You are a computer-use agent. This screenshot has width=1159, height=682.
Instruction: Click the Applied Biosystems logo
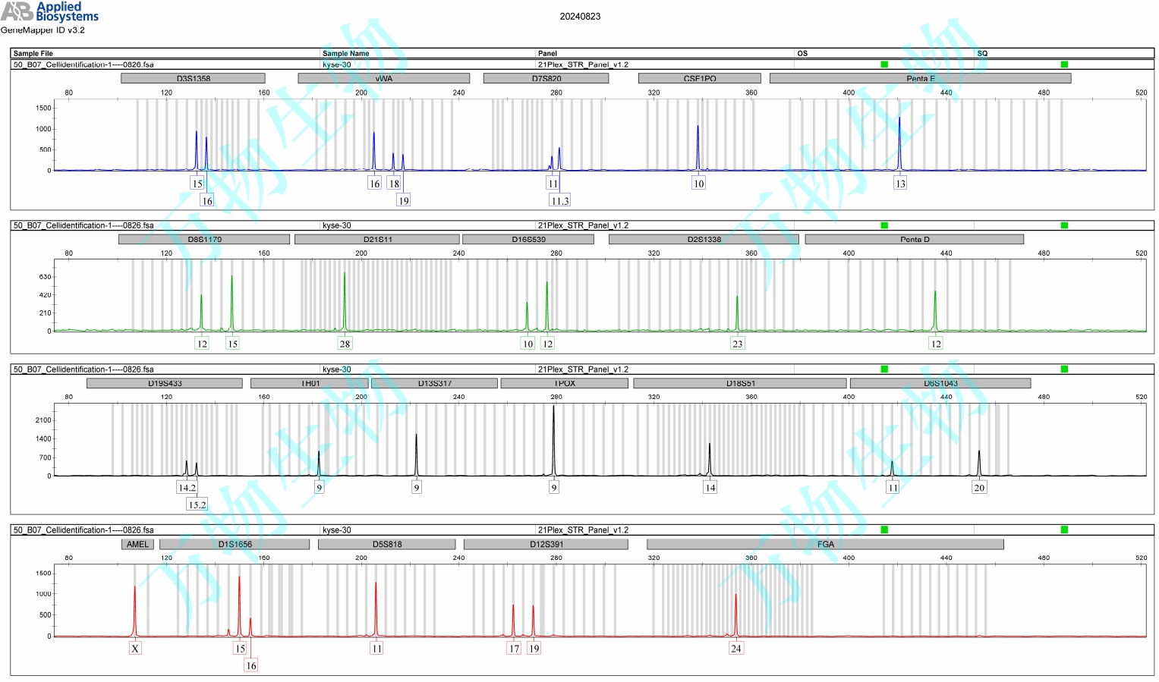coord(49,12)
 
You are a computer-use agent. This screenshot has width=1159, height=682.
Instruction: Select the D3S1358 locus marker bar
coord(193,78)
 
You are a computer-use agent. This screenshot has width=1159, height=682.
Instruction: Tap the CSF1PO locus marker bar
coord(699,78)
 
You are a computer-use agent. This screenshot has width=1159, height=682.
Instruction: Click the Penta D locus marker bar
coord(914,239)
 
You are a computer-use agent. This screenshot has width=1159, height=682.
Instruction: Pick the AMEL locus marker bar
coord(137,544)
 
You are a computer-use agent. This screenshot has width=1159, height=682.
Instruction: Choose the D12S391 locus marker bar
coord(546,544)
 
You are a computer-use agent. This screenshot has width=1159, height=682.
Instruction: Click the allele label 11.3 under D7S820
coord(559,201)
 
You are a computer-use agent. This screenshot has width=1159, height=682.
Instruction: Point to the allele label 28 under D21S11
coord(345,344)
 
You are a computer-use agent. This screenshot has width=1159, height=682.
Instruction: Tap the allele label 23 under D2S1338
coord(737,344)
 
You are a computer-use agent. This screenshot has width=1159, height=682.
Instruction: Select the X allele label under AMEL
coord(135,649)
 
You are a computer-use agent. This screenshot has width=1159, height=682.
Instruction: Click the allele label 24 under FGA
coord(735,649)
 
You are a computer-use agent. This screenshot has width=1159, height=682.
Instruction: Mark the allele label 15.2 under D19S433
coord(197,504)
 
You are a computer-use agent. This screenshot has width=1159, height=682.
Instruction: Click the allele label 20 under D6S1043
coord(979,488)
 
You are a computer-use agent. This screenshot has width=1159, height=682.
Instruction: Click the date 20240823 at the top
coord(580,16)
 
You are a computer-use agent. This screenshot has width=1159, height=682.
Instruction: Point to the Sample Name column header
coord(345,53)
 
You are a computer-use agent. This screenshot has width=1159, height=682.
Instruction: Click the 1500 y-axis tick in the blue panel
coord(43,108)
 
